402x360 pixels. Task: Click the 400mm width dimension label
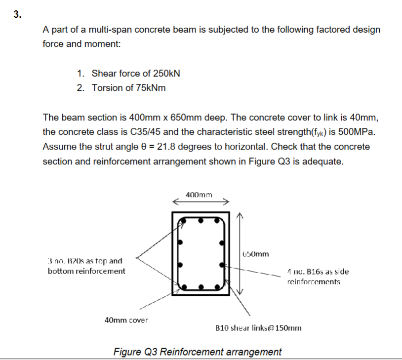[199, 195]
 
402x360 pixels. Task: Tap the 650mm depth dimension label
[256, 254]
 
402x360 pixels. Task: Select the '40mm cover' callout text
[126, 320]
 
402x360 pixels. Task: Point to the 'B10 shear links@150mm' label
[258, 327]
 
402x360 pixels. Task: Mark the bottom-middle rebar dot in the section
[201, 286]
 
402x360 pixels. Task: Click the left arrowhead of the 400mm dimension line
[174, 201]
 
